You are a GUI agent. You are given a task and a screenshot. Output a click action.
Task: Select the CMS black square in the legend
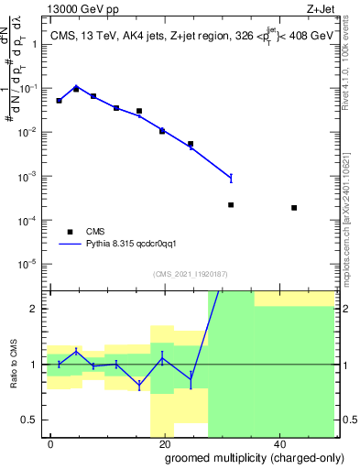point(70,232)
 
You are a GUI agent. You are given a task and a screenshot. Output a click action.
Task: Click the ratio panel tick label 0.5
point(33,420)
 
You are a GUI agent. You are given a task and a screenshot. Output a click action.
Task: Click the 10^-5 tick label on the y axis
point(32,264)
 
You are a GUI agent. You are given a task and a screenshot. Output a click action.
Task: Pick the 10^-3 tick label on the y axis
point(32,176)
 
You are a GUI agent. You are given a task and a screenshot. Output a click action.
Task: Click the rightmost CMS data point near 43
point(294,208)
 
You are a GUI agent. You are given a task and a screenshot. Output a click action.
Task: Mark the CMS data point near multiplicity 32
point(231,205)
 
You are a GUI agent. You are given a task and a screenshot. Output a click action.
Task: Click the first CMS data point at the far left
point(59,101)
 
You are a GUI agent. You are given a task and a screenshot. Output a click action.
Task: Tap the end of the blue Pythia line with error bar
point(231,178)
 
